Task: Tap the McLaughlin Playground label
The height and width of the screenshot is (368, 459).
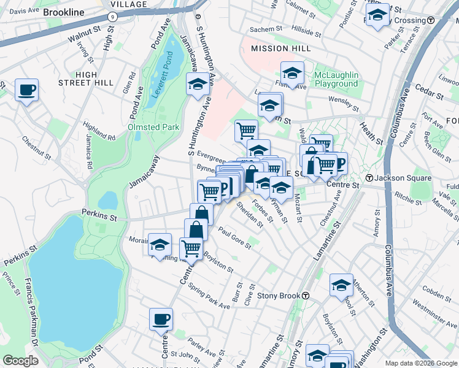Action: [336, 79]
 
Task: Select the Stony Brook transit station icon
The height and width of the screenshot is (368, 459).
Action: [305, 296]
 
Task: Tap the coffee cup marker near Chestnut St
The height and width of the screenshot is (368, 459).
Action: [26, 90]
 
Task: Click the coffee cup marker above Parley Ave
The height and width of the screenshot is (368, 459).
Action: [161, 319]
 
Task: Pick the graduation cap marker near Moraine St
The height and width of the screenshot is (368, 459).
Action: [160, 245]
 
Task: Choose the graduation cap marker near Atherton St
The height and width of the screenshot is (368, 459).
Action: [341, 285]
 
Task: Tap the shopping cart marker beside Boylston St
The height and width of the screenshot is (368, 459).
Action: [191, 249]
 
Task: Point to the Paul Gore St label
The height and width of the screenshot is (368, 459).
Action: [234, 239]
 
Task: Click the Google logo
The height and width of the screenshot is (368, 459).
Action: [21, 360]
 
